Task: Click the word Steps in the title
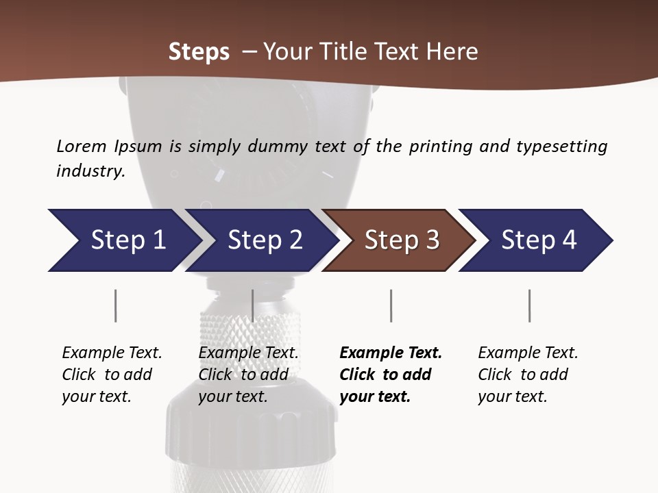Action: [x=199, y=52]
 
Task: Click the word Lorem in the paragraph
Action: [x=82, y=146]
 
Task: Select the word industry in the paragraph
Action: [x=90, y=171]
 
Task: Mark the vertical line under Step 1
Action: [x=115, y=305]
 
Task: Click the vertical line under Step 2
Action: [x=253, y=305]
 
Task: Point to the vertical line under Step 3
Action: [x=391, y=305]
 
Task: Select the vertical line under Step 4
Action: [x=529, y=305]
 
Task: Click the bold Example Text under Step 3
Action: [x=391, y=353]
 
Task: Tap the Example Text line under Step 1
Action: [x=112, y=353]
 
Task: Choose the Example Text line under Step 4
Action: [x=528, y=353]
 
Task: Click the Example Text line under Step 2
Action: [x=248, y=353]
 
